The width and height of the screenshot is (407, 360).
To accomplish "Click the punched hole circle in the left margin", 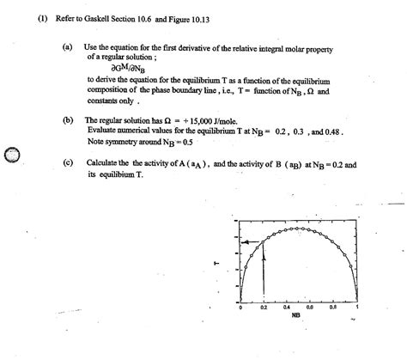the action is point(11,155).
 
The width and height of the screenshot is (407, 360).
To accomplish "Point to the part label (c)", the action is point(68,161).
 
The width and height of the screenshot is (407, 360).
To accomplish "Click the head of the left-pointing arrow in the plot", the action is point(245,244).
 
